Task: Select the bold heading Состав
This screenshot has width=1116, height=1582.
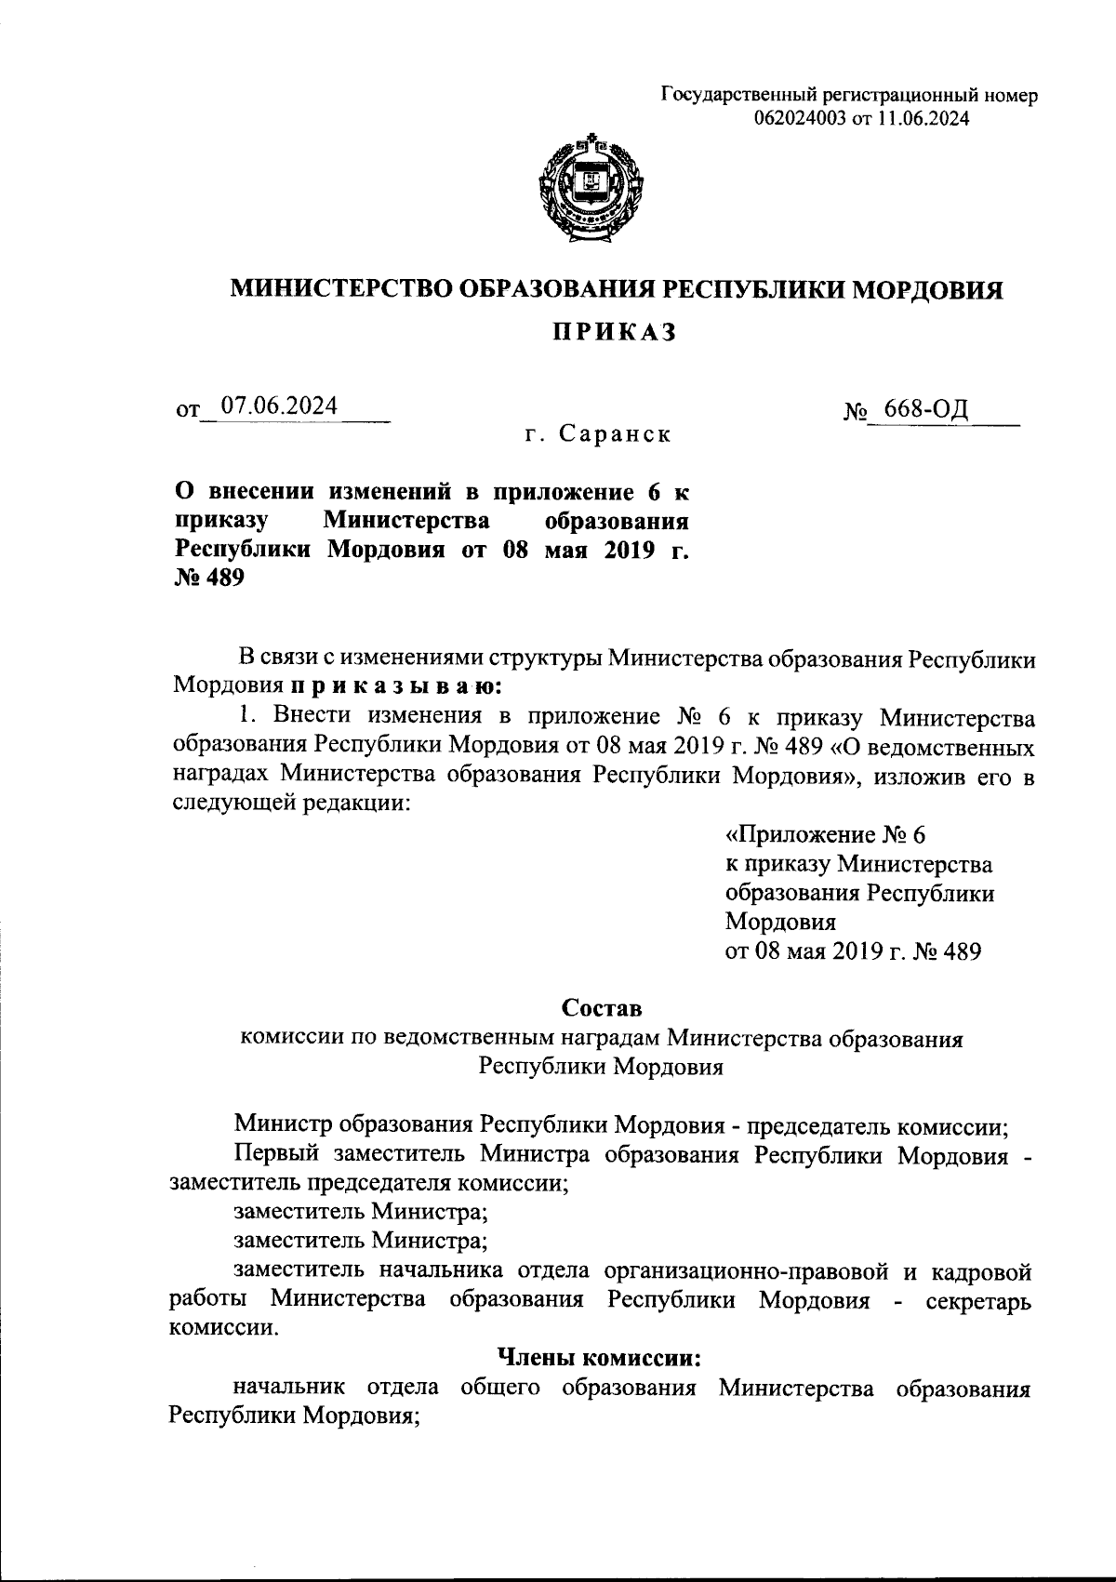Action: [x=602, y=1008]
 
